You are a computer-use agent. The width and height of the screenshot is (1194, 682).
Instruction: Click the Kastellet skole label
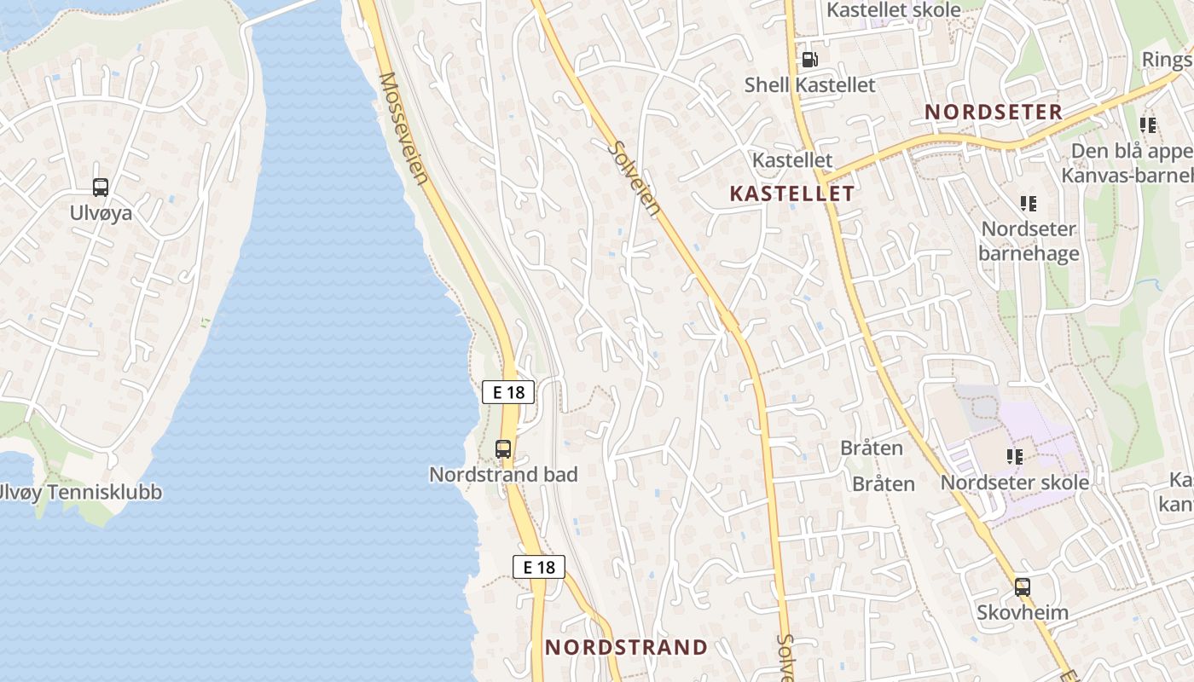coord(894,10)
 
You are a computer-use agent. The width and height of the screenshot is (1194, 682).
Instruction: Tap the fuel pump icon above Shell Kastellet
coord(809,60)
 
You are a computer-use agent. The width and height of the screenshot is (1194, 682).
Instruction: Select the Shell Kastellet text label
coord(809,84)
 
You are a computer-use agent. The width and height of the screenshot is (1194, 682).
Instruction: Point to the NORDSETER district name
coord(994,112)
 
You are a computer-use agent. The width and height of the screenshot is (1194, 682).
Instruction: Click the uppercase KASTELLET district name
coord(791,194)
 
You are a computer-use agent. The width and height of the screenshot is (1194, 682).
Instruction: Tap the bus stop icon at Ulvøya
coord(101,188)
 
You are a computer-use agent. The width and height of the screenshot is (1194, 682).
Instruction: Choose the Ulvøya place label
coord(101,212)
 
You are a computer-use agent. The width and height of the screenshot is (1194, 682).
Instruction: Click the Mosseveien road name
coord(403,128)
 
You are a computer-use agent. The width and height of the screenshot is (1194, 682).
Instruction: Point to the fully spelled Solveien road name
coord(635,178)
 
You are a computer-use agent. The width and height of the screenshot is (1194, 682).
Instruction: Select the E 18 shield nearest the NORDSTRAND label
coord(539,567)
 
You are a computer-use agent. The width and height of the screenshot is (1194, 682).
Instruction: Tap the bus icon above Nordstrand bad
coord(503,449)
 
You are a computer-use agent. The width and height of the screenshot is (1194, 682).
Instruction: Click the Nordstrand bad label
coord(503,474)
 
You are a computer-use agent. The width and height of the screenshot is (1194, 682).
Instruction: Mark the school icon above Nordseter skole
coord(1015,457)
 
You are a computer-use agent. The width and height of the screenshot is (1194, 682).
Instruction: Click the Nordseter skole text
coord(1014,483)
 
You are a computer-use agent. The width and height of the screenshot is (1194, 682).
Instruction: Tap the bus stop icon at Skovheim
coord(1023,587)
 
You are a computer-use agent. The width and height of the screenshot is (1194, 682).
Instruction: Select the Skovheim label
coord(1023,612)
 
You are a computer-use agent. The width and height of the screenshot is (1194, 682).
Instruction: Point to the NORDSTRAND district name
coord(626,647)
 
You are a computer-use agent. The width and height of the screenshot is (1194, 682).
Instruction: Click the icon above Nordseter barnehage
coord(1029,204)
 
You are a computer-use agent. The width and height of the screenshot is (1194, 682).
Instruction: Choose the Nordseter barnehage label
coord(1029,241)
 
